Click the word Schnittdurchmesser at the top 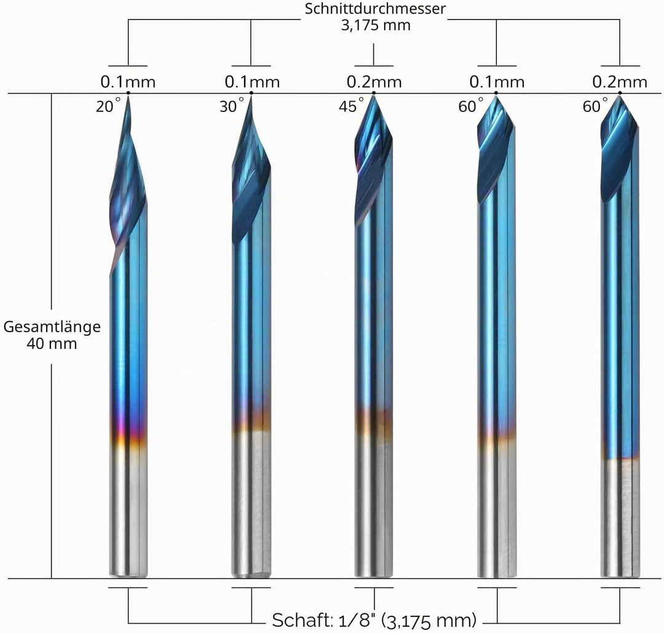(375, 9)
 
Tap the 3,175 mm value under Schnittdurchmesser (376, 25)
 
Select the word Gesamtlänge (52, 327)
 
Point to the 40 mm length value (52, 344)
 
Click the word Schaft (302, 620)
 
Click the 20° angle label (108, 106)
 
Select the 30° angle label (232, 106)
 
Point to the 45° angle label (352, 106)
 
